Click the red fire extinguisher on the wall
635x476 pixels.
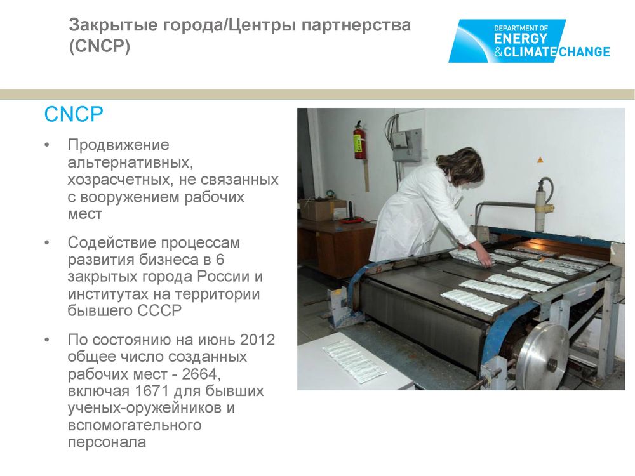359,140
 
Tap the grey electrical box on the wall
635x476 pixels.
406,145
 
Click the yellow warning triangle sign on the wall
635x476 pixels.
539,159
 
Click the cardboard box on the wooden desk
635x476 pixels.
323,209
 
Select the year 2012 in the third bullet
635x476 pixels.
257,340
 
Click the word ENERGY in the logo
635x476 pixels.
520,39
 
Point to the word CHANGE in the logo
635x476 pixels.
584,52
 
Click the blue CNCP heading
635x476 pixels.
74,114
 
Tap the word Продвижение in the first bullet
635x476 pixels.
118,145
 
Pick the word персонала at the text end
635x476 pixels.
107,442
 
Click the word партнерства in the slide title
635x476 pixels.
356,25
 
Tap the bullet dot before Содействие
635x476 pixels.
47,242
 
